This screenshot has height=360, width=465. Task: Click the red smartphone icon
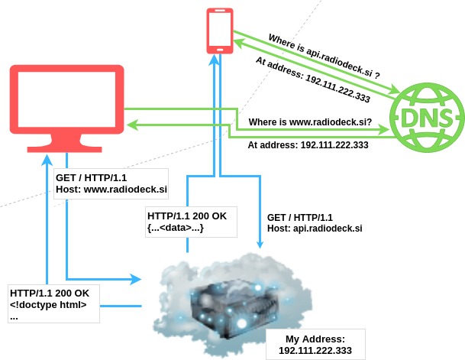click(219, 30)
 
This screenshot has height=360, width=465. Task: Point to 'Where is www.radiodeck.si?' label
click(310, 122)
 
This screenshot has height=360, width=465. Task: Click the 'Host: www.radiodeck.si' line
click(111, 188)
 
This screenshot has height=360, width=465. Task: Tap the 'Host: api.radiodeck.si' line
click(314, 229)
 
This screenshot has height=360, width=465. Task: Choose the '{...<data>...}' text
click(176, 227)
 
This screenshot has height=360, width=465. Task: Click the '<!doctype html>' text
click(48, 306)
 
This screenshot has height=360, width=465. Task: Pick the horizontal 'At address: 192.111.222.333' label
click(308, 144)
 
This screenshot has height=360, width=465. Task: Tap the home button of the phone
click(219, 48)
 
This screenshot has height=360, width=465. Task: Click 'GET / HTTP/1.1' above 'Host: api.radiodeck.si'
click(300, 217)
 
